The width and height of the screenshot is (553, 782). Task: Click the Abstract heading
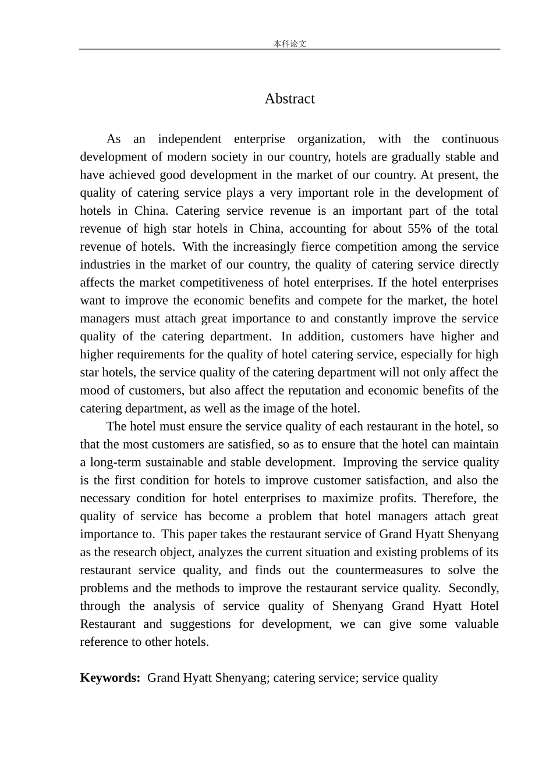(289, 99)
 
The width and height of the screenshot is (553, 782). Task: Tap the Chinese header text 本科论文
(289, 44)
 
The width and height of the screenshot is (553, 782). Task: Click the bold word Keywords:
(110, 678)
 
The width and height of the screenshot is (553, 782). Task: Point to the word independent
(189, 139)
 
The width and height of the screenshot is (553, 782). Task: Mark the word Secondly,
(473, 588)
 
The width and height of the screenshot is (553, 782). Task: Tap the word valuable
(477, 624)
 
